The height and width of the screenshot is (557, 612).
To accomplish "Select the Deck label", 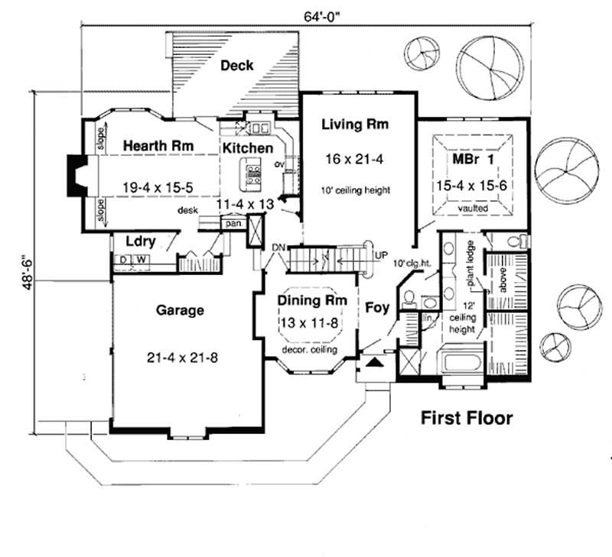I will click(x=237, y=66).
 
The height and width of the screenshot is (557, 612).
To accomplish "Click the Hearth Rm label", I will click(x=157, y=145).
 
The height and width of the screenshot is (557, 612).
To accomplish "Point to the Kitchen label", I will click(x=247, y=147).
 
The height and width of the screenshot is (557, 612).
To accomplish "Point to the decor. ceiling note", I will click(x=311, y=349).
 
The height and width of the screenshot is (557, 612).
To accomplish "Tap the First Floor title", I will click(x=465, y=418).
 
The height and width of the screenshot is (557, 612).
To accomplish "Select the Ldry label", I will click(x=141, y=242).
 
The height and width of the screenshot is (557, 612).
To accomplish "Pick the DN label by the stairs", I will click(x=278, y=247).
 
